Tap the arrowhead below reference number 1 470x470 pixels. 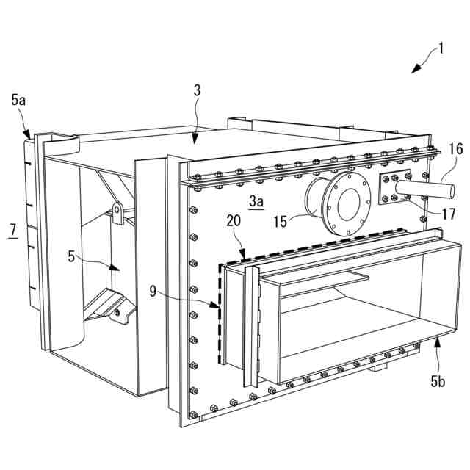(415, 70)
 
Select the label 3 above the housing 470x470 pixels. (197, 91)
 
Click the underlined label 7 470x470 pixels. (12, 231)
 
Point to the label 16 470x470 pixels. (456, 149)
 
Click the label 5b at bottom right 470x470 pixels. (438, 381)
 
